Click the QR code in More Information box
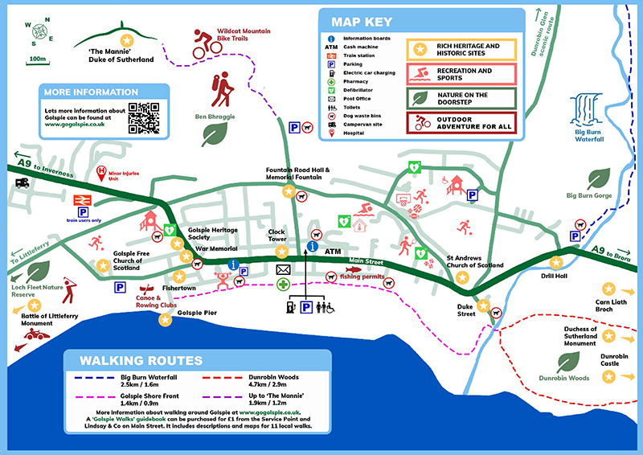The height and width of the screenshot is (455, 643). click(144, 117)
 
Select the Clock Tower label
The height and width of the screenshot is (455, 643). click(277, 235)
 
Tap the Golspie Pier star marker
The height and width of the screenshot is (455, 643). click(166, 319)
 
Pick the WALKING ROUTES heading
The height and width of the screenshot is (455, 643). click(140, 360)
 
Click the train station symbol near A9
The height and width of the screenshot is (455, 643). click(82, 199)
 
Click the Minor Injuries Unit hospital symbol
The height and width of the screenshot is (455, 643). click(101, 170)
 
